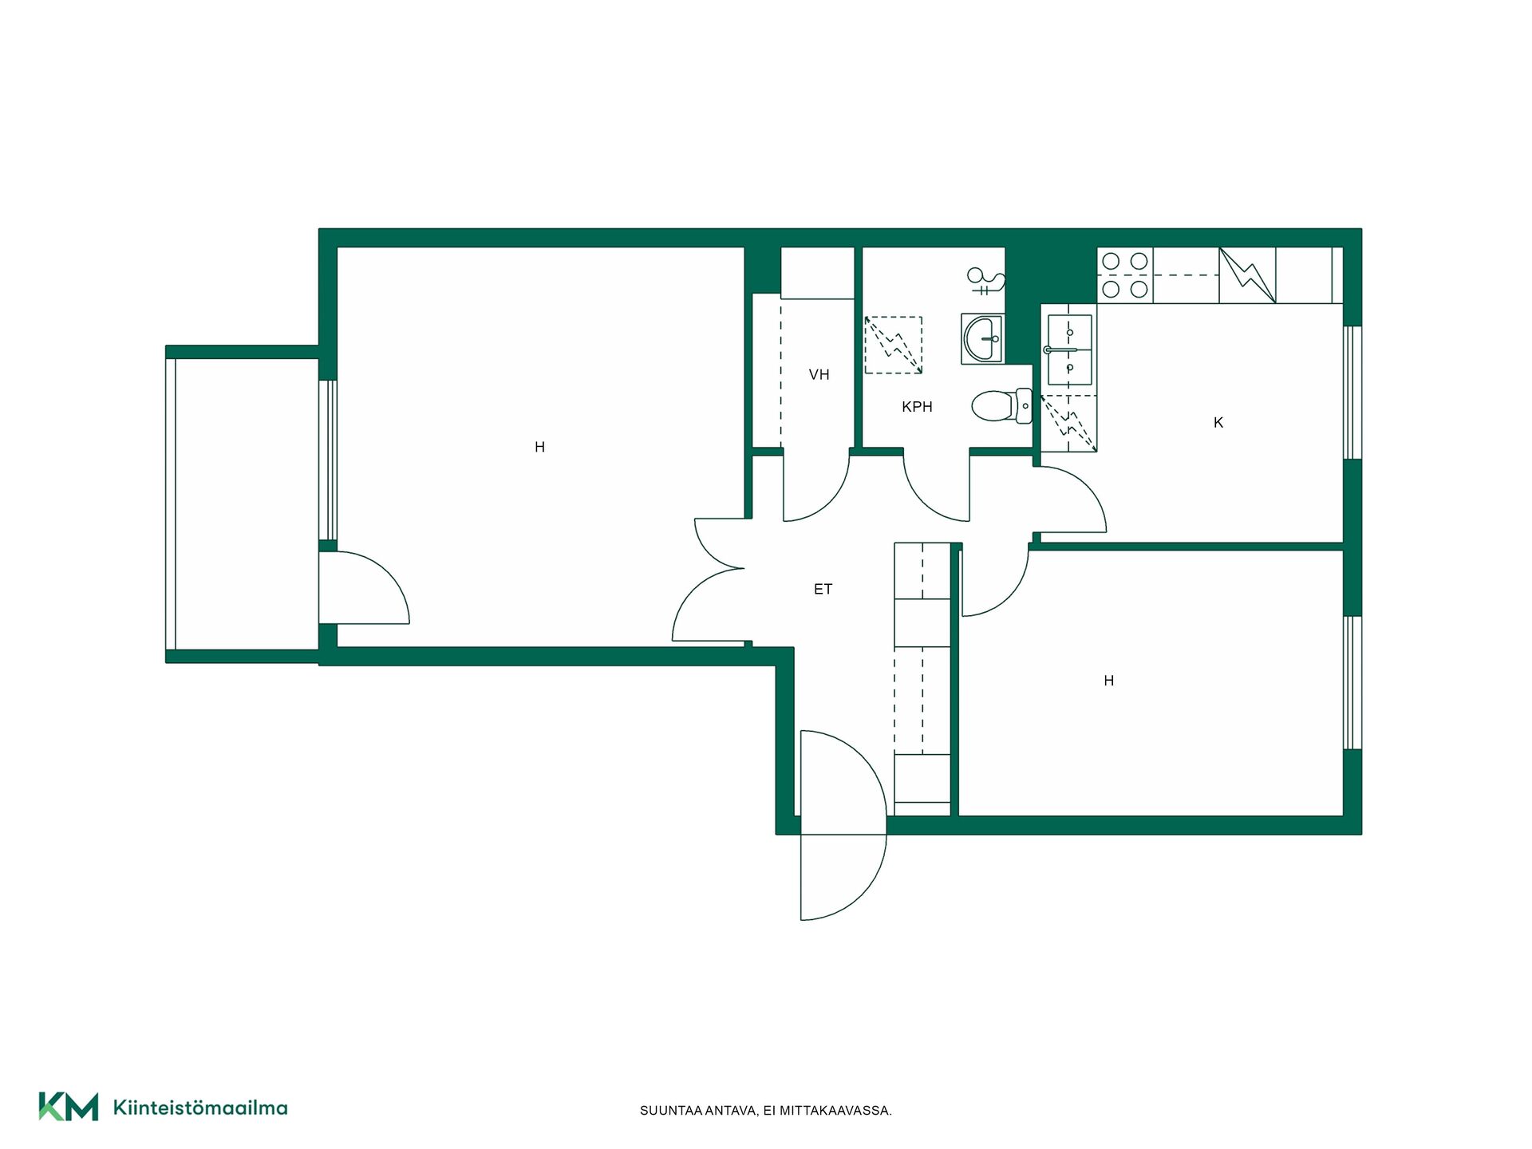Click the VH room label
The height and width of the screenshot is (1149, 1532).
click(819, 374)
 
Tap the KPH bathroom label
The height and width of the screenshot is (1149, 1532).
click(917, 407)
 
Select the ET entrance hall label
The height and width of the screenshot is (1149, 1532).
click(823, 590)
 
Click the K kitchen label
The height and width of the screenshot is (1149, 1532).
click(1218, 423)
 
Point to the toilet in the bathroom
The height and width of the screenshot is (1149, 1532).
click(1002, 405)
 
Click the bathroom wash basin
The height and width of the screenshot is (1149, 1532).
click(982, 338)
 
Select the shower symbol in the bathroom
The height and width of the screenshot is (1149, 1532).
click(986, 280)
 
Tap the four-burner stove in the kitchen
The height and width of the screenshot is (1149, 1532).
click(1125, 275)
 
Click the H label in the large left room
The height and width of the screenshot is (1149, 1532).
click(539, 448)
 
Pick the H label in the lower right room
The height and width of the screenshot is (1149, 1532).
click(1108, 681)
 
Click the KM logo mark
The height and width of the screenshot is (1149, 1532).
click(69, 1107)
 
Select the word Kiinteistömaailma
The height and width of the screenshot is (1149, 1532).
click(200, 1108)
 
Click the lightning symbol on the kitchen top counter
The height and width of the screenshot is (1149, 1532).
click(1247, 275)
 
